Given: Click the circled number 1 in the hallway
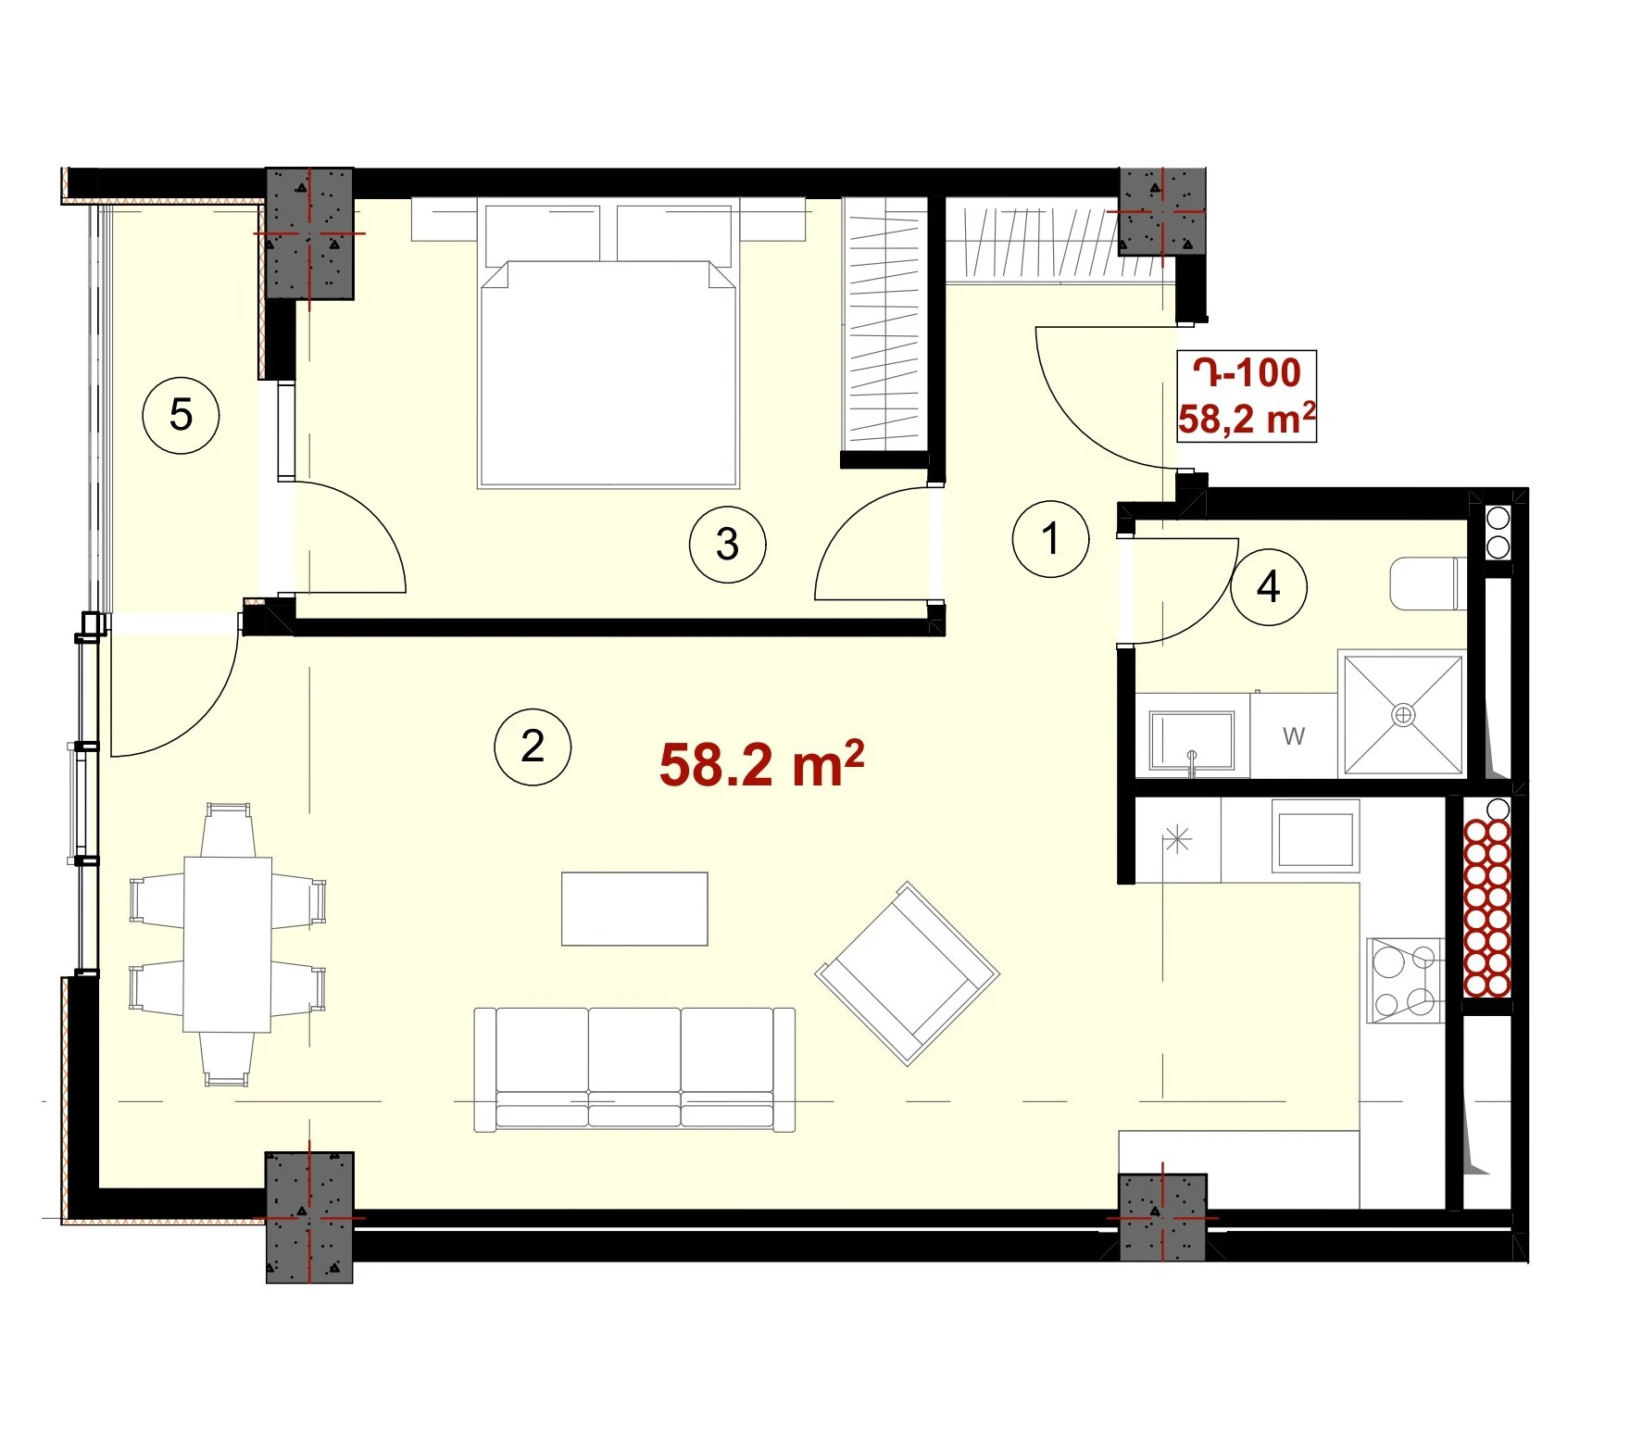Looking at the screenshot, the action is [1050, 538].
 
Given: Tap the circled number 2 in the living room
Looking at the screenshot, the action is [533, 747].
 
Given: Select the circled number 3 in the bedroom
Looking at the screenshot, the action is [727, 544].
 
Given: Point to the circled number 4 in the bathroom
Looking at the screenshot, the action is [1268, 586].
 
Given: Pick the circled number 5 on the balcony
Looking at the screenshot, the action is [181, 414].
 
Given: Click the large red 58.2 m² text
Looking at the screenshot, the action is [761, 765].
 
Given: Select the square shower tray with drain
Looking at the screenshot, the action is [1403, 714].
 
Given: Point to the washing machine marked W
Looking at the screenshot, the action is [1294, 735].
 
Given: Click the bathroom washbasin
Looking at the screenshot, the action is [1192, 741].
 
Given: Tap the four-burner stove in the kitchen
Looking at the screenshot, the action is [1405, 981].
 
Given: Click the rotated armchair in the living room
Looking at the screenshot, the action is [907, 973].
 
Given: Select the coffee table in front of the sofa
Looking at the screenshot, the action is [634, 909].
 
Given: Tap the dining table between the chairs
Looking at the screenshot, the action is [228, 944].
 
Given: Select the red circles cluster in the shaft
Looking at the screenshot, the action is [1486, 908].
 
